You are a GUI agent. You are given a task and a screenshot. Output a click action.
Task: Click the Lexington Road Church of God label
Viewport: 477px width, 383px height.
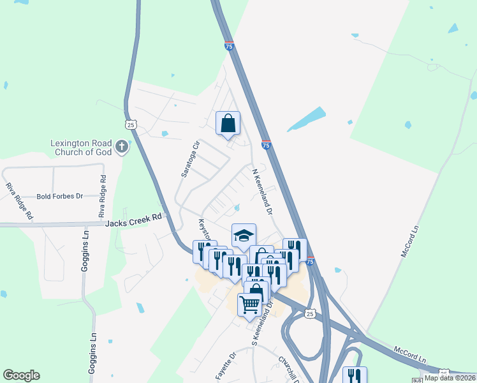tap(81, 147)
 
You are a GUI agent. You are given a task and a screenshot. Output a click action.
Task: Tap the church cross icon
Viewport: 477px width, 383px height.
tap(122, 148)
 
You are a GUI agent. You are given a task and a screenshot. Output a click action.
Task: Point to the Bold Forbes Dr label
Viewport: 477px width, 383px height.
tap(60, 197)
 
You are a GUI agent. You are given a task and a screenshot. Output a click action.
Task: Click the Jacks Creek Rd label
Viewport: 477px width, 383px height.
tap(133, 220)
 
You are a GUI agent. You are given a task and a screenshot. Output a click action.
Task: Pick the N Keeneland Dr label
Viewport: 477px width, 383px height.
tap(262, 191)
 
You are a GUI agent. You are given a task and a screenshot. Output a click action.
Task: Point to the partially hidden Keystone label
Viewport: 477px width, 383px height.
tap(203, 229)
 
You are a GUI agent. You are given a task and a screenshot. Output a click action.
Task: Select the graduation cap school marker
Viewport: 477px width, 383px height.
tap(243, 236)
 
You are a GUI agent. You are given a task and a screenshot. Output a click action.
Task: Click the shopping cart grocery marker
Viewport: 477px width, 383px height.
tap(249, 303)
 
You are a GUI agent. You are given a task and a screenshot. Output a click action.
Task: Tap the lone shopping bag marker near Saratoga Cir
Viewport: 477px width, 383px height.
tap(228, 123)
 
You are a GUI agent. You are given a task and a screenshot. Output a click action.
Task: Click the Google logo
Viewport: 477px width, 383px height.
tap(21, 375)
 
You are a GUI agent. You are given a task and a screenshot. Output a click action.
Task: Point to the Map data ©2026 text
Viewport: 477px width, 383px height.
tap(450, 378)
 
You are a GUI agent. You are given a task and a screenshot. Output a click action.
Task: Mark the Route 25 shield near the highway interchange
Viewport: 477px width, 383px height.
tap(309, 313)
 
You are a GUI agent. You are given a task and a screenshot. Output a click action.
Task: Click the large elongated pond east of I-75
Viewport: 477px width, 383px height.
tap(307, 119)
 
